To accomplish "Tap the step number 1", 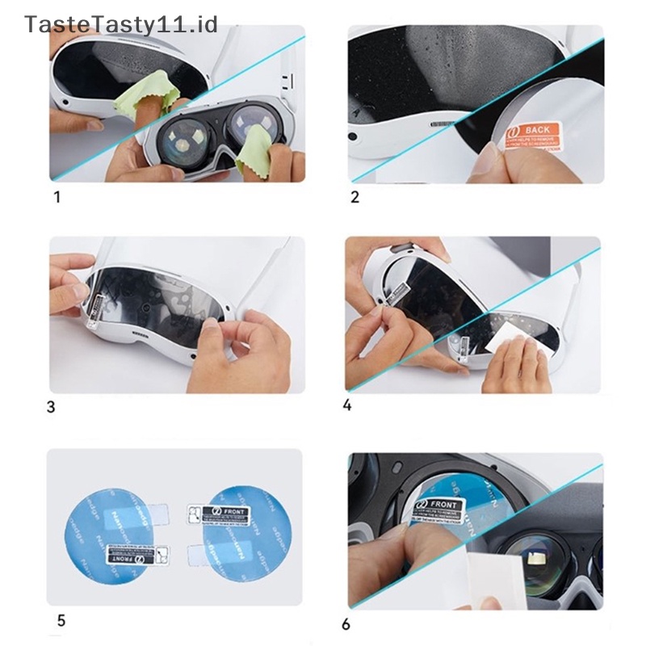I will (56, 197).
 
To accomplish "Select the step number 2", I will (355, 197).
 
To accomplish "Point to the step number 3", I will (52, 406).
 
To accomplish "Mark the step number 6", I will (346, 623).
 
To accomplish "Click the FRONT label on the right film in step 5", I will (208, 512).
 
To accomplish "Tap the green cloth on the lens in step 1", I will (257, 153).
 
